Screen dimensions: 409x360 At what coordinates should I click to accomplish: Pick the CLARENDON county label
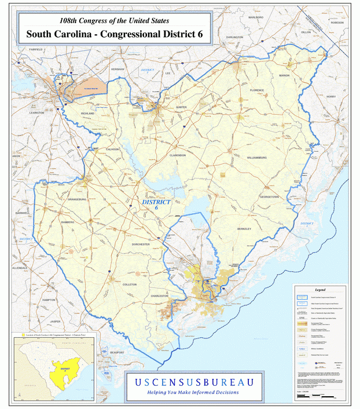point(178,155)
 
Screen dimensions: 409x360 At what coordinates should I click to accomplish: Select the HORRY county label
point(331,96)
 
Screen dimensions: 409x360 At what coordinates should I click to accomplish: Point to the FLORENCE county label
point(257,90)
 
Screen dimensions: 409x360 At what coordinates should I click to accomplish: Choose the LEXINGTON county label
point(36,113)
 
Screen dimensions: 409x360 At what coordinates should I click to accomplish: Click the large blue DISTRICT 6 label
point(156,205)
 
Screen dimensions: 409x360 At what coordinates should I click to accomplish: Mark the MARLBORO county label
point(256,18)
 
